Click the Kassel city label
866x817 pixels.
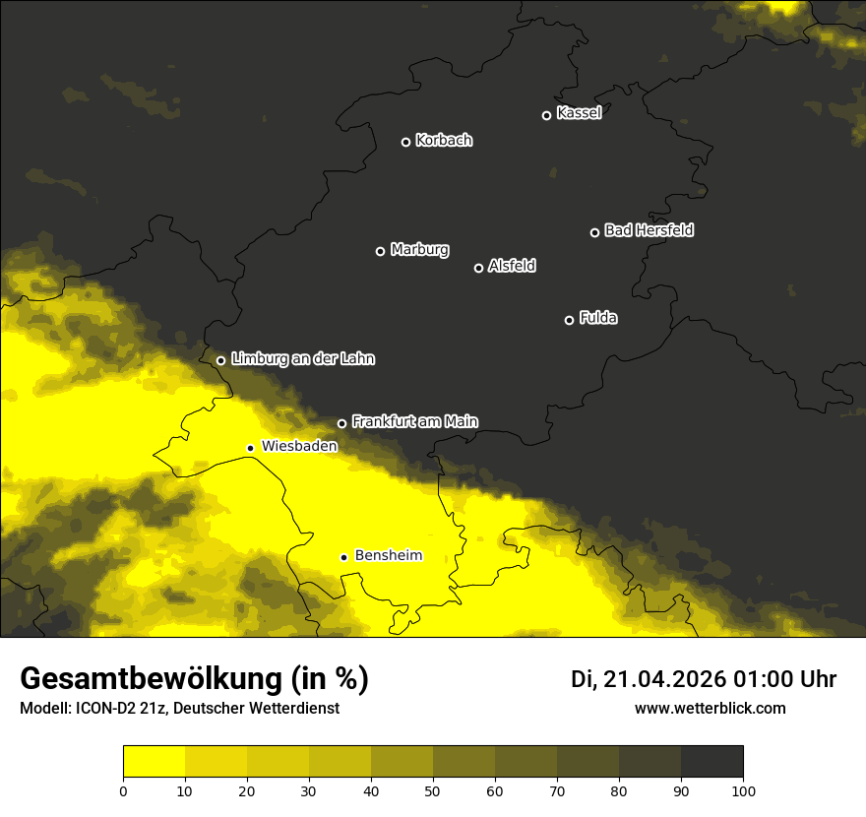(579, 113)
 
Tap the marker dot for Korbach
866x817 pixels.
(405, 142)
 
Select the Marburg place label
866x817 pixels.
(419, 250)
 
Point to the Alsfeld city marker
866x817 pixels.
(479, 268)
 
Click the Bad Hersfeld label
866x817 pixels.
(649, 230)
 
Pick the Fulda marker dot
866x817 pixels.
(569, 320)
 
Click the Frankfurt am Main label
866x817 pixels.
(414, 421)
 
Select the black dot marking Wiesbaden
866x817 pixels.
(250, 448)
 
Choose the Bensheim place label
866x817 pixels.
(388, 555)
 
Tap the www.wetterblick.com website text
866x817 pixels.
(710, 708)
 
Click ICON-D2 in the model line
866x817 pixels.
(108, 709)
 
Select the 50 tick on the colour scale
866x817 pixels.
(433, 790)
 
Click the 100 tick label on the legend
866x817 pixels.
(743, 790)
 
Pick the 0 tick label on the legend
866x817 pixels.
(123, 790)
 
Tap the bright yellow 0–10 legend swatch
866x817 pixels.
(154, 761)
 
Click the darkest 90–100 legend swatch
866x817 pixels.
(711, 761)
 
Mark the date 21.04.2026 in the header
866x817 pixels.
(663, 679)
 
